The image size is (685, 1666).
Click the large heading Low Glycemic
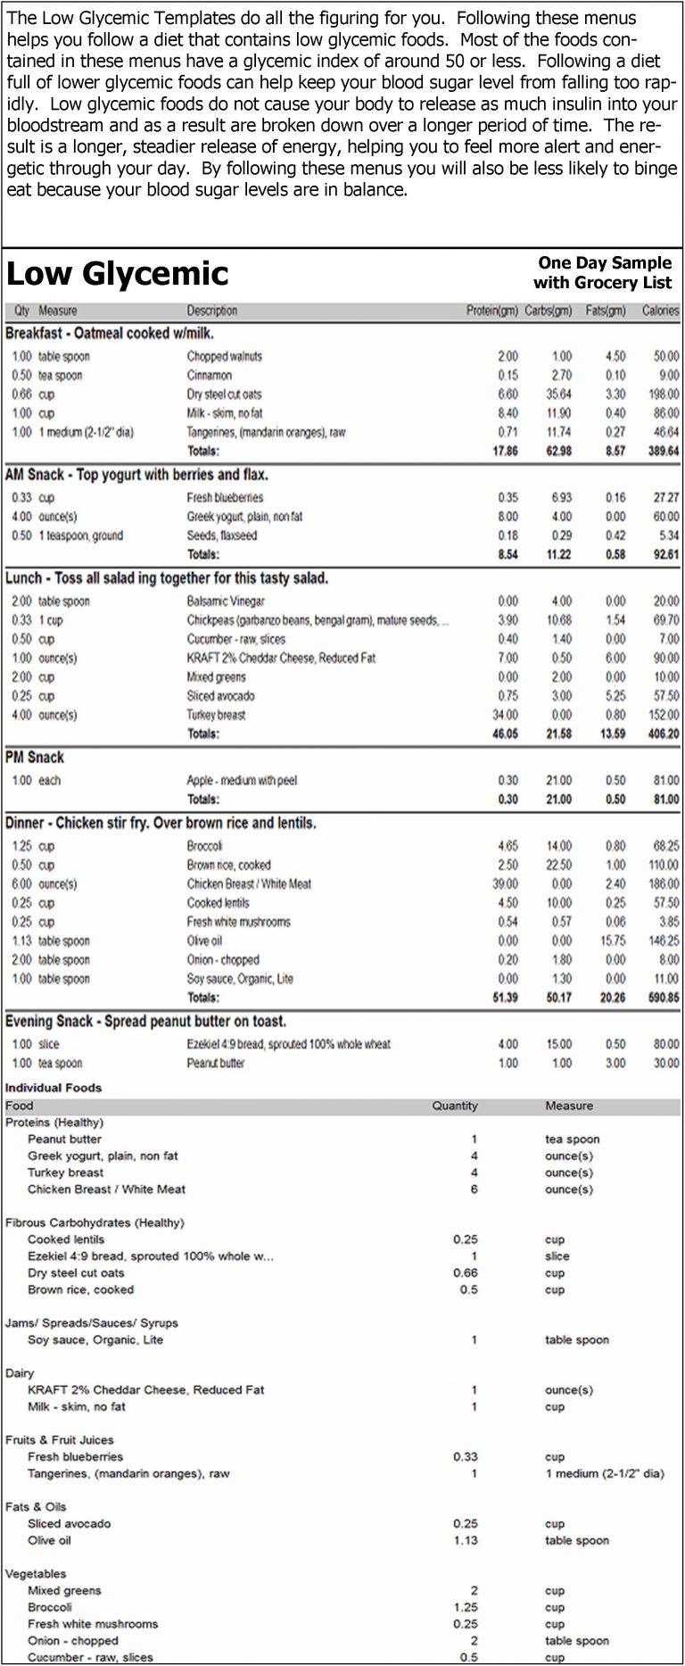pyautogui.click(x=118, y=273)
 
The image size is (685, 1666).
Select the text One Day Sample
pyautogui.click(x=604, y=263)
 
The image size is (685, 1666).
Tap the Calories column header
pyautogui.click(x=660, y=311)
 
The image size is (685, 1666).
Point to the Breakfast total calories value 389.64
pyautogui.click(x=660, y=452)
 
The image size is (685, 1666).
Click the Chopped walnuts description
pyautogui.click(x=224, y=357)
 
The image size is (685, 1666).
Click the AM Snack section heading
pyautogui.click(x=136, y=476)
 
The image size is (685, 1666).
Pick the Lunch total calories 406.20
pyautogui.click(x=660, y=734)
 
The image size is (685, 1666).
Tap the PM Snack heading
pyautogui.click(x=35, y=758)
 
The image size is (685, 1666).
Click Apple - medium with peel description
pyautogui.click(x=241, y=781)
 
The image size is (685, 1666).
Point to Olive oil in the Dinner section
pyautogui.click(x=204, y=941)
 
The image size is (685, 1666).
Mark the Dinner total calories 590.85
pyautogui.click(x=660, y=998)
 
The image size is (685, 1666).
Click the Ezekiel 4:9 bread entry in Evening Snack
pyautogui.click(x=288, y=1045)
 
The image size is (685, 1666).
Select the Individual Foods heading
pyautogui.click(x=54, y=1088)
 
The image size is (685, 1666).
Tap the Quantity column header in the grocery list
pyautogui.click(x=455, y=1106)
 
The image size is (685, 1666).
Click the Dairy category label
pyautogui.click(x=20, y=1373)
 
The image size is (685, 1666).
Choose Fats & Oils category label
pyautogui.click(x=36, y=1507)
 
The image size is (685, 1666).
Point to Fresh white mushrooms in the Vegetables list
pyautogui.click(x=93, y=1624)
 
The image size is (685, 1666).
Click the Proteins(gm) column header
pyautogui.click(x=492, y=311)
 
